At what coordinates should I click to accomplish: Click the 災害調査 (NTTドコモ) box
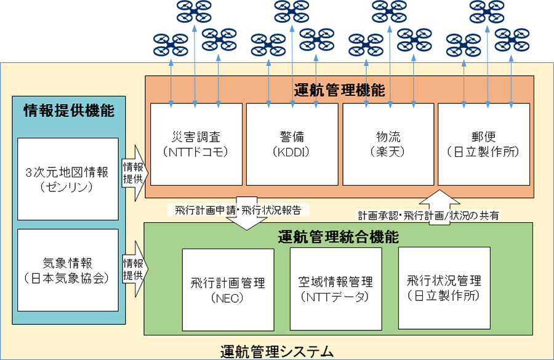196,144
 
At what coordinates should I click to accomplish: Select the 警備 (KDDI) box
292,144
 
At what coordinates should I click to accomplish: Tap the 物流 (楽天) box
388,144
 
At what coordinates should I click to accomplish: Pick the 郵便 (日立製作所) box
483,144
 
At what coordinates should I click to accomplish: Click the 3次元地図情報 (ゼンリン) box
68,179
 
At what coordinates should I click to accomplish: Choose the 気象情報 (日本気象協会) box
68,270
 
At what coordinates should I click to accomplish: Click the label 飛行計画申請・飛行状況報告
238,209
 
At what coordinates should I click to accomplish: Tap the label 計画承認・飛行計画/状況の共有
430,215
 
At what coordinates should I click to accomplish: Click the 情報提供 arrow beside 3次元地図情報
133,174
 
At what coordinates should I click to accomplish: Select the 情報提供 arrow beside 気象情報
133,269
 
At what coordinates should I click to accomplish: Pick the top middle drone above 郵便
487,10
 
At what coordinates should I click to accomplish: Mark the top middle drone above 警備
292,10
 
